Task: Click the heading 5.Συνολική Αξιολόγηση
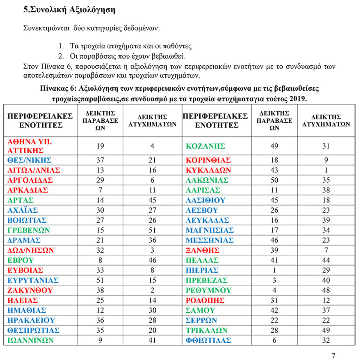point(69,9)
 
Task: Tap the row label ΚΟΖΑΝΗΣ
point(205,146)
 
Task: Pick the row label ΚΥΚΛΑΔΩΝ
point(208,170)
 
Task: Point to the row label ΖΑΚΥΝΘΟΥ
point(30,290)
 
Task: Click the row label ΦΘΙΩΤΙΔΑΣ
point(208,340)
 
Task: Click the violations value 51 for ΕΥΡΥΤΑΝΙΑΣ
point(101,280)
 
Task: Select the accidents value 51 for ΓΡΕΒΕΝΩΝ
point(153,230)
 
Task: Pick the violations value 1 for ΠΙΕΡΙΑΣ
point(274,270)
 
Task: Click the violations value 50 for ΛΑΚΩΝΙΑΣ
point(274,180)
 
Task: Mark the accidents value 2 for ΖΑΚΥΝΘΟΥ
point(153,290)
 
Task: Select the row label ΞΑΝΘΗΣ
point(203,250)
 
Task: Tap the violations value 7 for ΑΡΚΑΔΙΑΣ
point(101,190)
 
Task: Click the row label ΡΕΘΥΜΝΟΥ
point(207,290)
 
